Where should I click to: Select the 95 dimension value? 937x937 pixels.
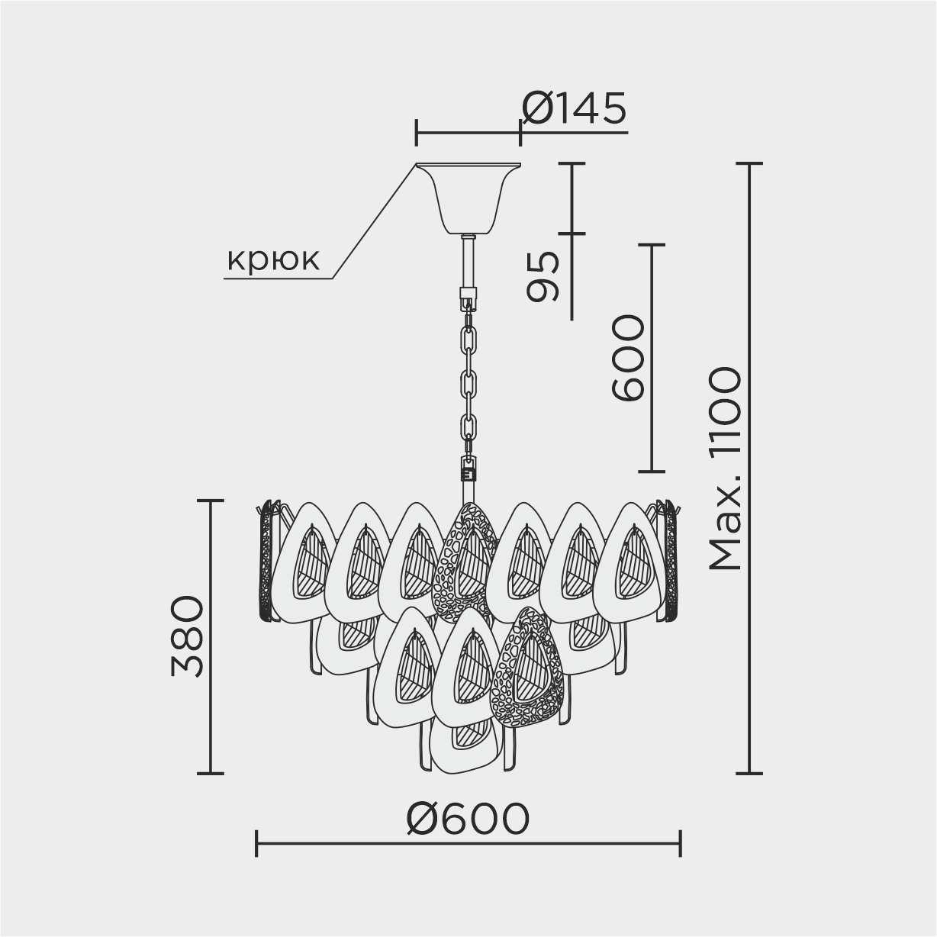[x=543, y=277]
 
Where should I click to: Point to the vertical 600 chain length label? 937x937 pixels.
[x=628, y=357]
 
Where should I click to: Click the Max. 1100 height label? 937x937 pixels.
[x=726, y=468]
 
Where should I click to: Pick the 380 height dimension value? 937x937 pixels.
[x=188, y=636]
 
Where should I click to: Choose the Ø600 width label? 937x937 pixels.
[x=468, y=817]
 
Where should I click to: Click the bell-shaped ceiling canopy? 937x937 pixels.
[x=468, y=199]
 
